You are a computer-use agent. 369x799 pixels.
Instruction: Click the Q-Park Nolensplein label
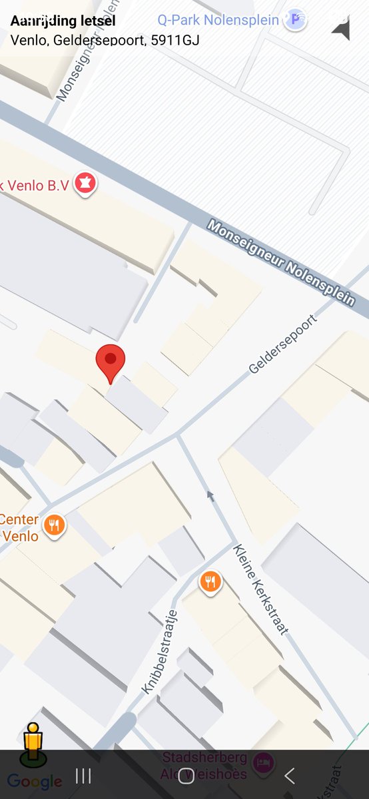point(218,20)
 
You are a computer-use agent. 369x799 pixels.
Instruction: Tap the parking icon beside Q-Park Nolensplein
point(294,20)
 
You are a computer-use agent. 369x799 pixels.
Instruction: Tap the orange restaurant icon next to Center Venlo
point(54,527)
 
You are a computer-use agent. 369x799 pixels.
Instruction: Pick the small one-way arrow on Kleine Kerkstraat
point(210,495)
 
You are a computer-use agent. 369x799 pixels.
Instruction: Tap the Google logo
point(35,782)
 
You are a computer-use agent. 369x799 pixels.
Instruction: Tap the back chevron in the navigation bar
point(289,775)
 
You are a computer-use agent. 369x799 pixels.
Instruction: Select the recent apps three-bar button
point(83,775)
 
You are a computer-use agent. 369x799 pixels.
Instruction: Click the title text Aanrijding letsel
point(63,21)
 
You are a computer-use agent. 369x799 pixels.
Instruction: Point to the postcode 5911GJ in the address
point(176,40)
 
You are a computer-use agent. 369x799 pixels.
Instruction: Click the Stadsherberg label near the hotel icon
point(205,758)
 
